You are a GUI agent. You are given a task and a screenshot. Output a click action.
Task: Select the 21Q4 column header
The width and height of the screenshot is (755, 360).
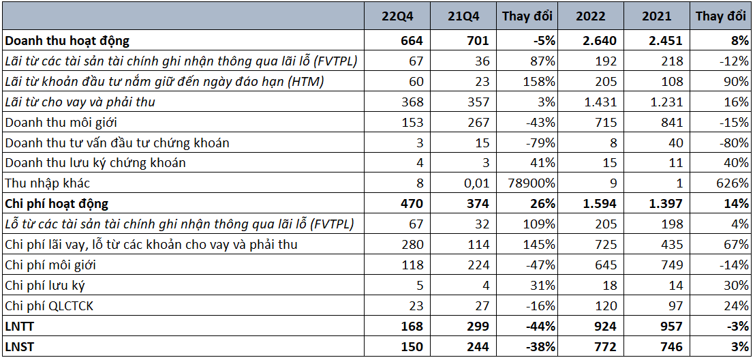point(465,16)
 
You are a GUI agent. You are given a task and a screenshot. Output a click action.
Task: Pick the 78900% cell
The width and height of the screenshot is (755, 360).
point(530,183)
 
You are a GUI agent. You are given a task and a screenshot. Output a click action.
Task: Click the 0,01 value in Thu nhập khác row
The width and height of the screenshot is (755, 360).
point(476,183)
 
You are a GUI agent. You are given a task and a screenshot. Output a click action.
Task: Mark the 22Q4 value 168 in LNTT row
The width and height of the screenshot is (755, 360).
point(413,327)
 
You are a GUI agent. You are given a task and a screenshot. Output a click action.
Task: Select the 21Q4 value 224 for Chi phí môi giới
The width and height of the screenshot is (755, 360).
point(478,265)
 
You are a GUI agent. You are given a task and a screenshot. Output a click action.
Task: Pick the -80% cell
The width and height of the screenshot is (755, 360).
point(734,143)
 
